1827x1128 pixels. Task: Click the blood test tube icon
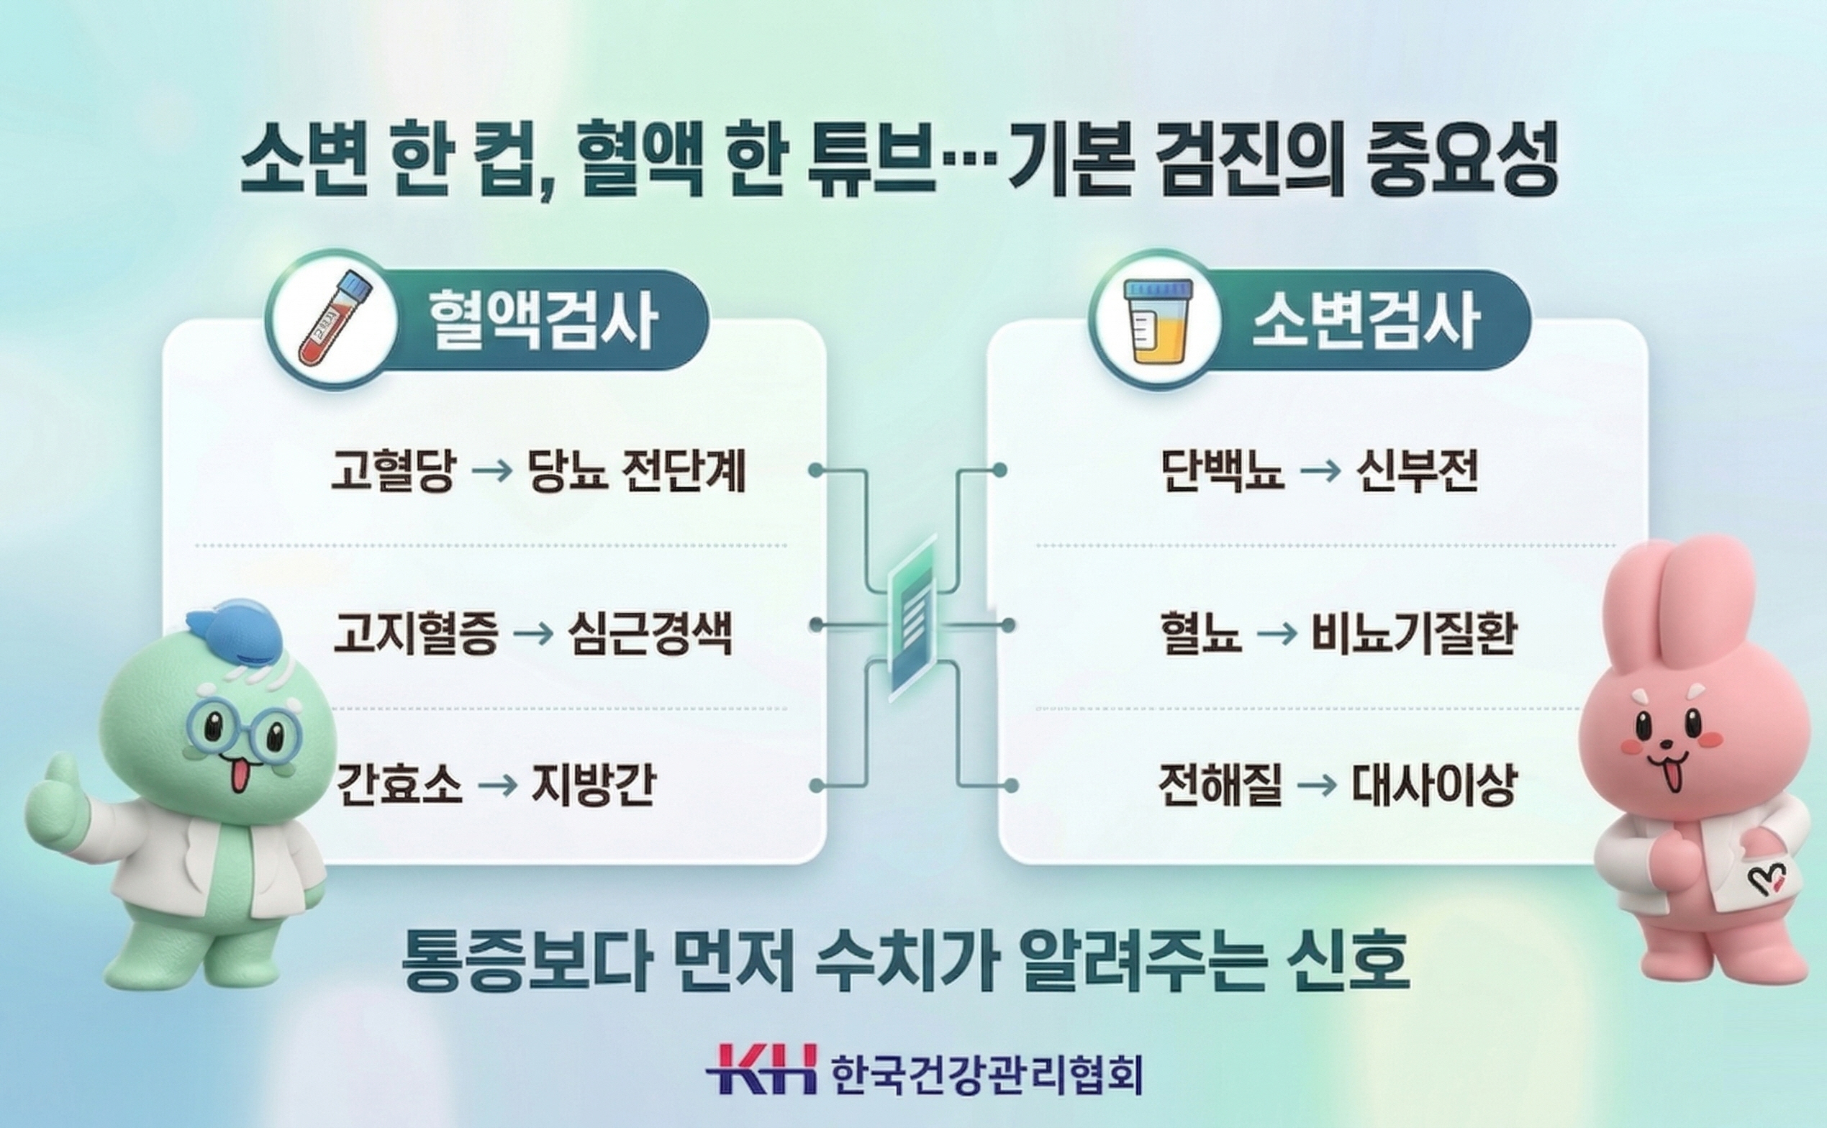point(332,319)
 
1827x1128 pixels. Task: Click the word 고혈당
point(392,470)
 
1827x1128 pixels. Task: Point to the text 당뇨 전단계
point(636,470)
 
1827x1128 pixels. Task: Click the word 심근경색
point(650,633)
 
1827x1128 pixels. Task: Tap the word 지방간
point(593,785)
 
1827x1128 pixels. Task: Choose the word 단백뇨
point(1223,469)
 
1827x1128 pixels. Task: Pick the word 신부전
point(1417,469)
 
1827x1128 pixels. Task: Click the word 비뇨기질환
point(1414,633)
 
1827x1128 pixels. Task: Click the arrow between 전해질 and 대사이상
point(1317,786)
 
